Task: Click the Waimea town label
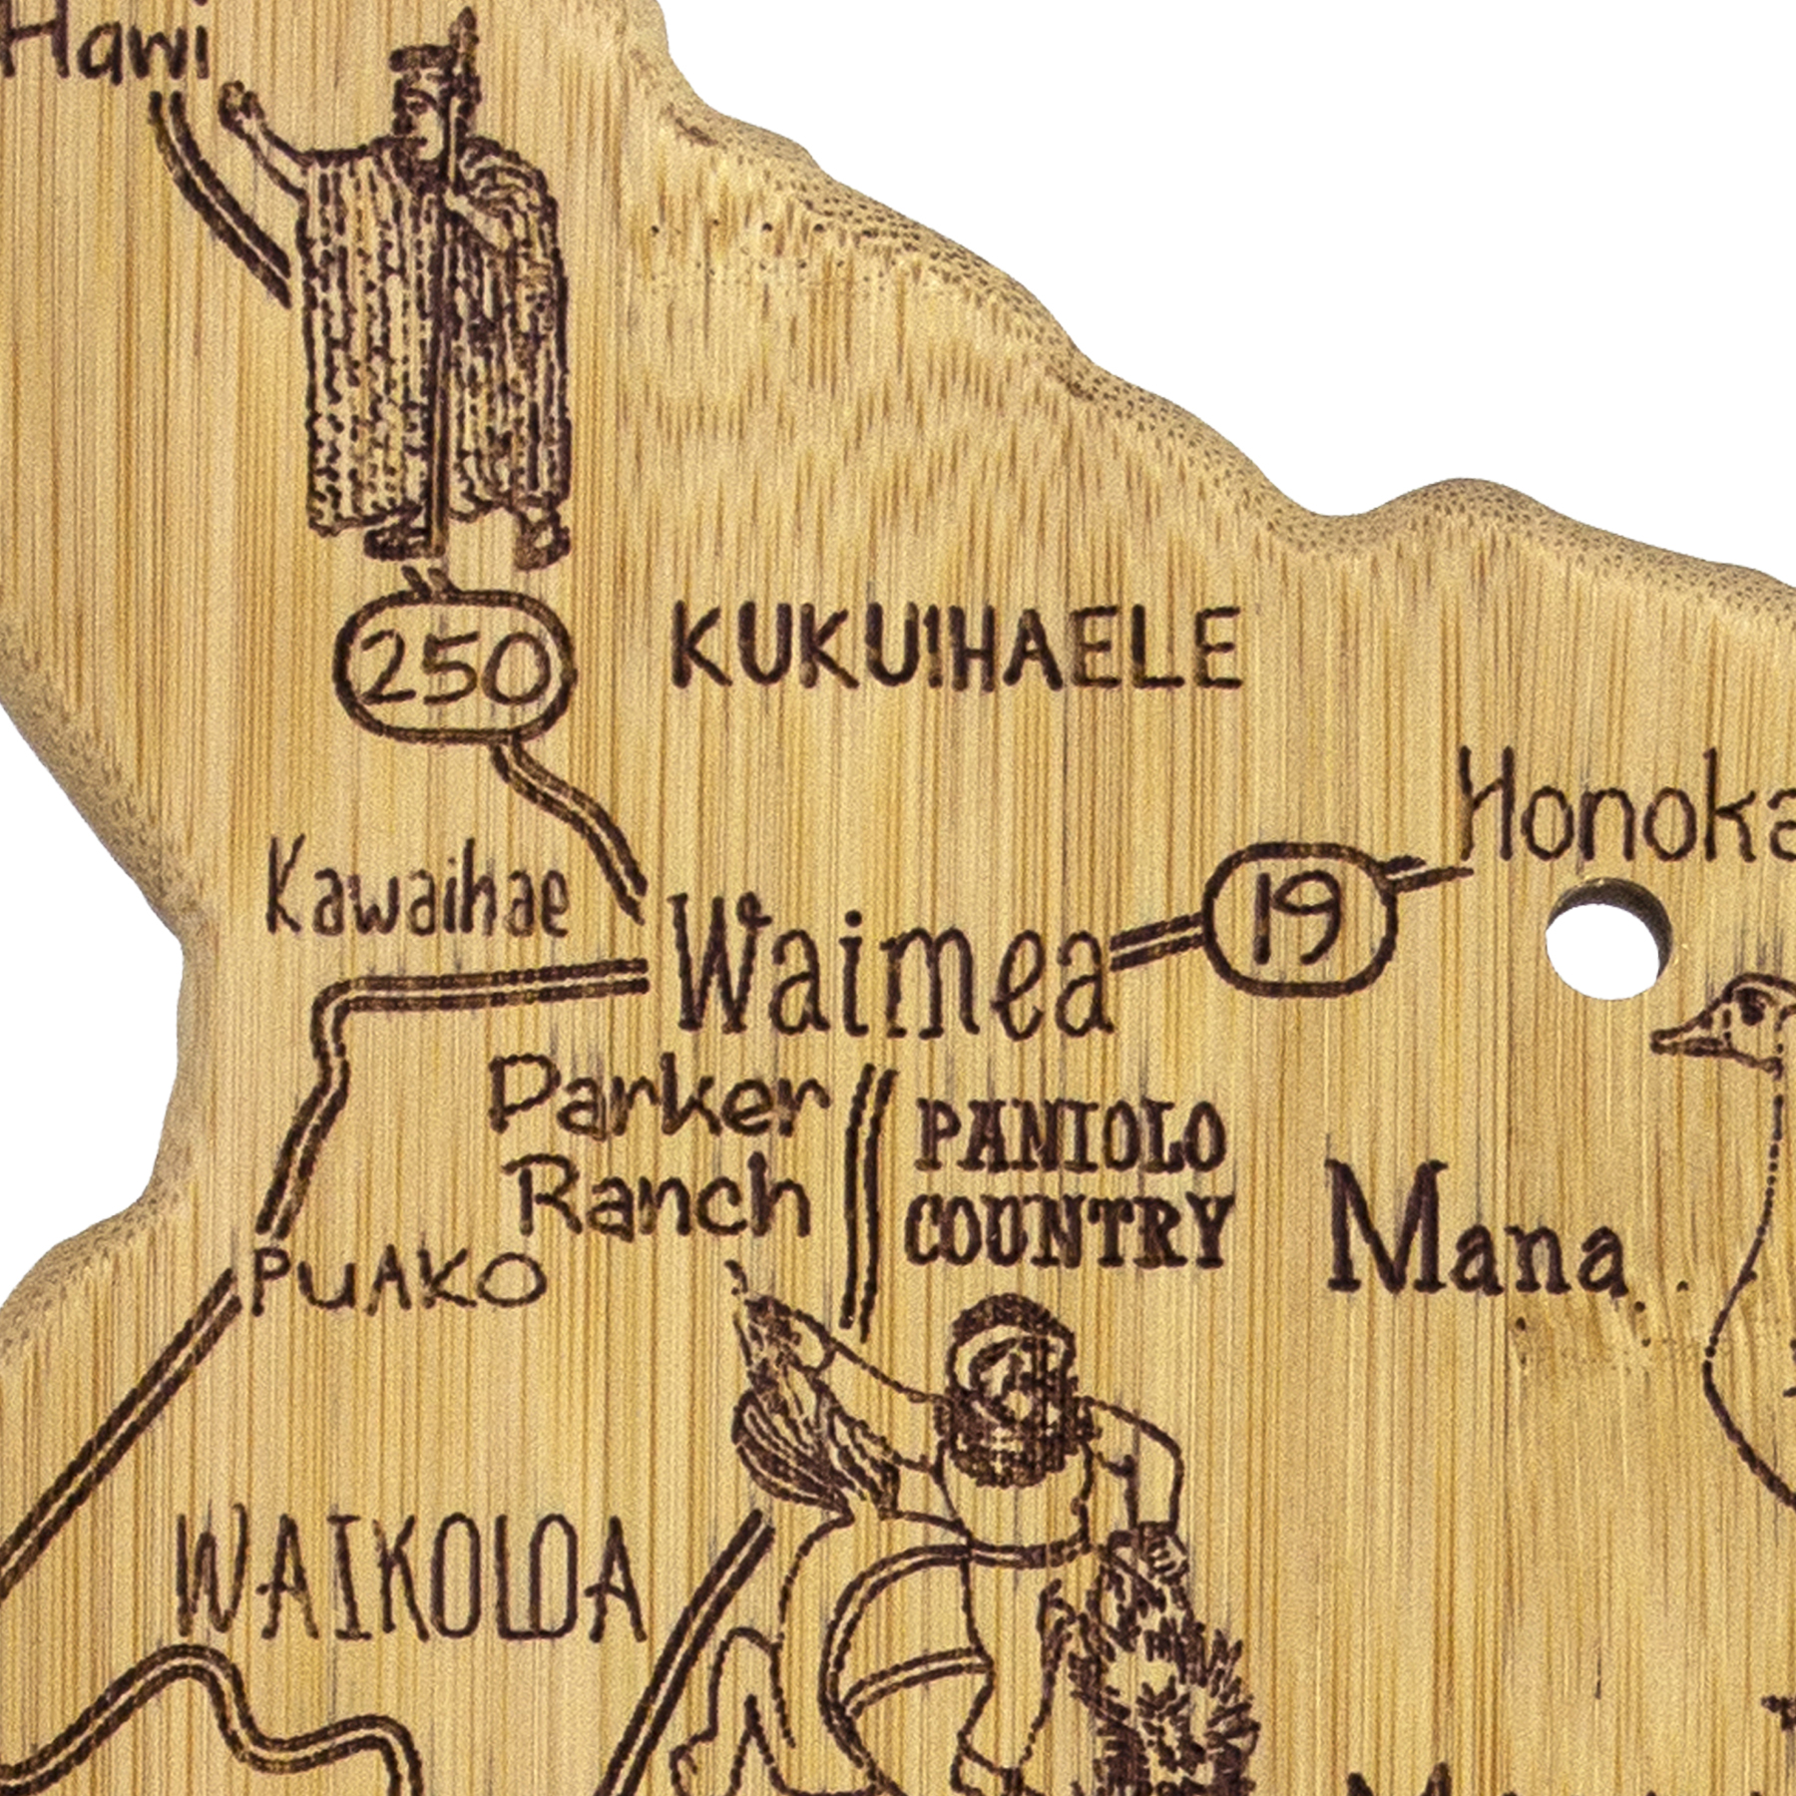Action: [x=891, y=966]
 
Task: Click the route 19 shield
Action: [x=1296, y=911]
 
